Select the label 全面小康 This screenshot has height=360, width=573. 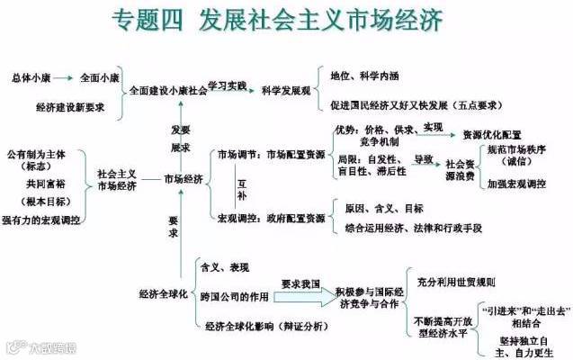click(x=101, y=77)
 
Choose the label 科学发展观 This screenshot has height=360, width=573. click(x=285, y=92)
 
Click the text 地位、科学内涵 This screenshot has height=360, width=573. click(x=369, y=75)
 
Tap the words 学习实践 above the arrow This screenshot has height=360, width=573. click(x=227, y=84)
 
